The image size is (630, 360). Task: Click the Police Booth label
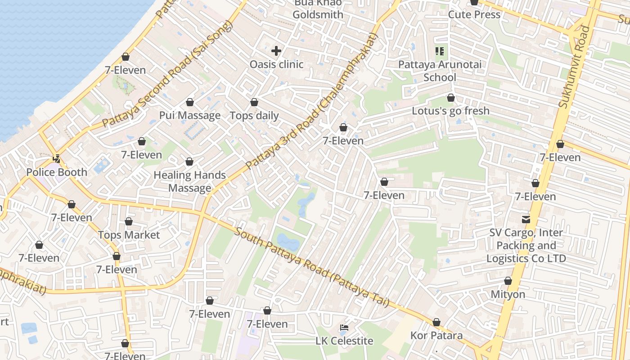click(57, 172)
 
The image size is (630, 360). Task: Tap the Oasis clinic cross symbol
click(276, 51)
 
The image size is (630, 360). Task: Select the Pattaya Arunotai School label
click(440, 71)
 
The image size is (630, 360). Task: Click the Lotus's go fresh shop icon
click(451, 98)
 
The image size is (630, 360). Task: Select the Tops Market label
click(129, 235)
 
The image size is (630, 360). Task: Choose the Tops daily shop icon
click(254, 103)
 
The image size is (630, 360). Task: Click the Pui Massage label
click(190, 116)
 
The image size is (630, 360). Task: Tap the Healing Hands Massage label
click(190, 181)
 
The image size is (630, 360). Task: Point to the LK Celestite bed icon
click(344, 328)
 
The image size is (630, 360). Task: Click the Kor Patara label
click(436, 336)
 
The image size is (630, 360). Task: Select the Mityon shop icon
click(508, 281)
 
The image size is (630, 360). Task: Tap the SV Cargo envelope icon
click(526, 220)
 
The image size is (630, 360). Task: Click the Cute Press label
click(474, 14)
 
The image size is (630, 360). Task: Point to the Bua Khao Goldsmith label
click(318, 9)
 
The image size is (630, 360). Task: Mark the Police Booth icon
click(57, 159)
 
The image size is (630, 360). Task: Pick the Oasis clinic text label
click(276, 64)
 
